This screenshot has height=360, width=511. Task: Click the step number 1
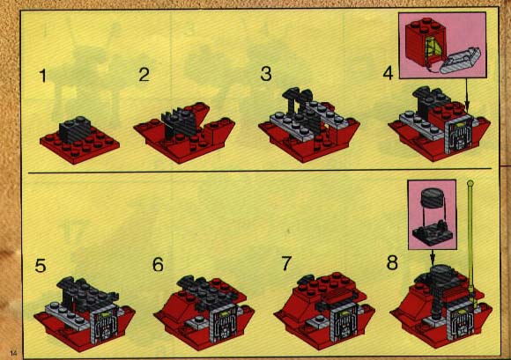pos(42,76)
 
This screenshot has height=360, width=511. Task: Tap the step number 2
pos(144,75)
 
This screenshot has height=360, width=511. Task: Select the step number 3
pos(266,74)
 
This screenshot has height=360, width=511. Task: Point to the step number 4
pos(388,73)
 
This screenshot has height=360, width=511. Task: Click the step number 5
pos(41,266)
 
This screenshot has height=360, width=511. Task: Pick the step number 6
pos(158,264)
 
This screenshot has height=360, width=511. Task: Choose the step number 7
pos(286,263)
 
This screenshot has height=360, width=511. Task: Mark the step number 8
pos(392,262)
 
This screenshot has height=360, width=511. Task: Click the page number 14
pos(14,353)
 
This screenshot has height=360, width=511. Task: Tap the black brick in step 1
pos(75,129)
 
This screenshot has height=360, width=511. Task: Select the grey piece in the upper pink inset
pos(460,61)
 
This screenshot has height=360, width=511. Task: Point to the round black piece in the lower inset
pos(432,197)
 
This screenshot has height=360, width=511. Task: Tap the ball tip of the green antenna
pos(470,184)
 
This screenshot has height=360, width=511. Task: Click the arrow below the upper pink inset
pos(466,94)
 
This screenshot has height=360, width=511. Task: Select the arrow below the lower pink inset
pos(433,257)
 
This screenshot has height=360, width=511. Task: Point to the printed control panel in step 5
pos(105,323)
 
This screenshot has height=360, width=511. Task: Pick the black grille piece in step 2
pos(178,124)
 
